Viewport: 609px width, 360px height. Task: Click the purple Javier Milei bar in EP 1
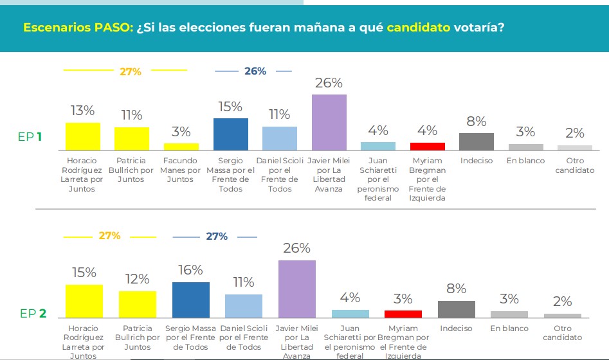pos(329,122)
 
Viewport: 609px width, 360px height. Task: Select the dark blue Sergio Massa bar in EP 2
pos(191,300)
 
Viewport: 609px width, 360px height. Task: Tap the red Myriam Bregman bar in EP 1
pos(428,146)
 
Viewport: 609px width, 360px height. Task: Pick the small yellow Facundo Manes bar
pos(181,147)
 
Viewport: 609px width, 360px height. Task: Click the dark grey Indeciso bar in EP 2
pos(456,309)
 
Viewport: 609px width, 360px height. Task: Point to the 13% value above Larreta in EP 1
pos(82,111)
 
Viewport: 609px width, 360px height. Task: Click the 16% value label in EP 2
pos(190,270)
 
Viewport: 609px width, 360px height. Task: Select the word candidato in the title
pos(418,28)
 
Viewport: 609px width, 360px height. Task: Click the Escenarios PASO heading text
pos(78,28)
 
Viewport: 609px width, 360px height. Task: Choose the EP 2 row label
pos(33,314)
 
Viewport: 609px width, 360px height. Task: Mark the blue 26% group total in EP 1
pos(255,71)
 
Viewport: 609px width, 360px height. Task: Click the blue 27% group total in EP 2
pos(216,237)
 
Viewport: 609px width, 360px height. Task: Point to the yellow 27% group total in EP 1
pos(131,72)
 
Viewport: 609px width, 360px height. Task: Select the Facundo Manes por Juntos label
pos(181,170)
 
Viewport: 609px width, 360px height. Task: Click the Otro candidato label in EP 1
pos(575,165)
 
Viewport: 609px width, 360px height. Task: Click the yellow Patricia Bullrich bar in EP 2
pos(138,305)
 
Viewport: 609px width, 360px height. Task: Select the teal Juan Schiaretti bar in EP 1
pos(378,146)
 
